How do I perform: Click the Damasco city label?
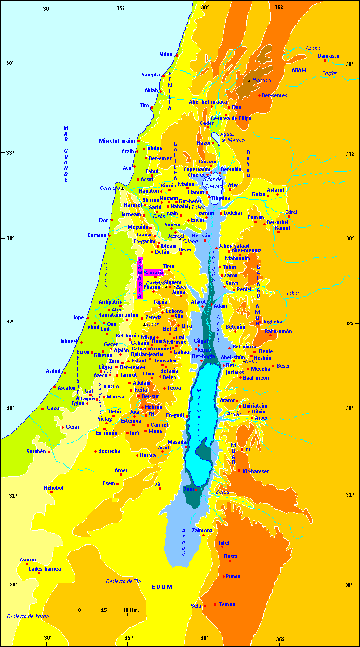click(328, 56)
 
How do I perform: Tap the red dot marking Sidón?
click(177, 55)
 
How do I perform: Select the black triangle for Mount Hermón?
click(249, 81)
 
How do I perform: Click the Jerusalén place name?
click(165, 361)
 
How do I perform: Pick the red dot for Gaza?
click(43, 409)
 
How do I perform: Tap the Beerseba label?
click(109, 451)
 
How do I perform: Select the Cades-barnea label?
click(45, 569)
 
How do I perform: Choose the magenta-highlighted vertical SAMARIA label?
click(140, 278)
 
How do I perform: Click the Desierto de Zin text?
click(123, 581)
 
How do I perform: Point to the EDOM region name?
click(161, 587)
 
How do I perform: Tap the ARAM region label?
click(298, 70)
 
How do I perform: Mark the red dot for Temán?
click(215, 604)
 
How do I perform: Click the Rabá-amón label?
click(278, 331)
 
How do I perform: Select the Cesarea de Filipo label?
click(231, 118)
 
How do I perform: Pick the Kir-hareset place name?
click(255, 471)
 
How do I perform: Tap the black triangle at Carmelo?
click(122, 188)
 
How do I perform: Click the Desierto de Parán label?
click(28, 616)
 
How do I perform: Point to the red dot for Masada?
click(186, 447)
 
